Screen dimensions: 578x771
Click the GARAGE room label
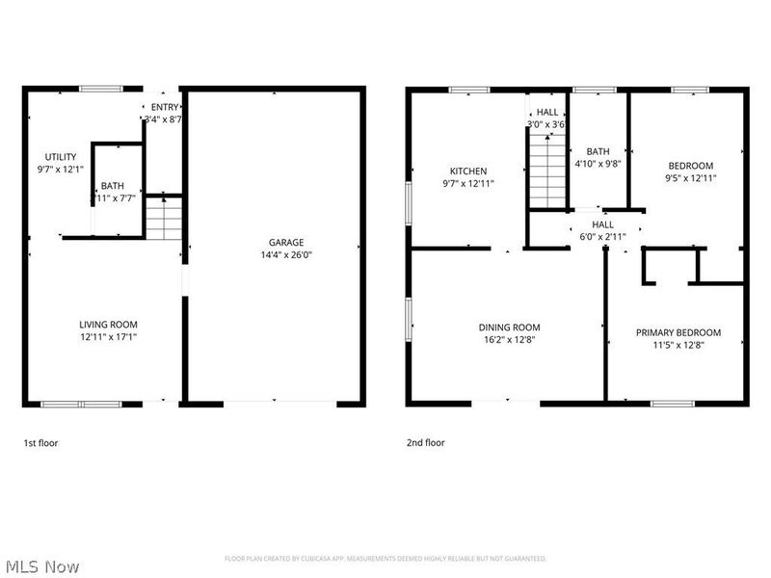[x=285, y=242]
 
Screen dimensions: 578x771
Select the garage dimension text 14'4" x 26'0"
[x=285, y=255]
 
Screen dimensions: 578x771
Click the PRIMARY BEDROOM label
[x=678, y=332]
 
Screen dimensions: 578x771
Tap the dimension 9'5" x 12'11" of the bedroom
[x=691, y=178]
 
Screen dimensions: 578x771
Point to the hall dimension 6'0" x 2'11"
[x=602, y=236]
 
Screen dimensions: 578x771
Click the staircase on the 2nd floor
[x=545, y=170]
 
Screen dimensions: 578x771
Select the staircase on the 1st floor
[x=164, y=218]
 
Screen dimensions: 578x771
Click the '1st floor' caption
[x=41, y=443]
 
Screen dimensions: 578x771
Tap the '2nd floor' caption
[x=425, y=443]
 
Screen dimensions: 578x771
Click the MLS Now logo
[x=43, y=566]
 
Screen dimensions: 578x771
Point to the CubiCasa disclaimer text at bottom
[x=385, y=559]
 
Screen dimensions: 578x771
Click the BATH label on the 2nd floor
[x=598, y=151]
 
